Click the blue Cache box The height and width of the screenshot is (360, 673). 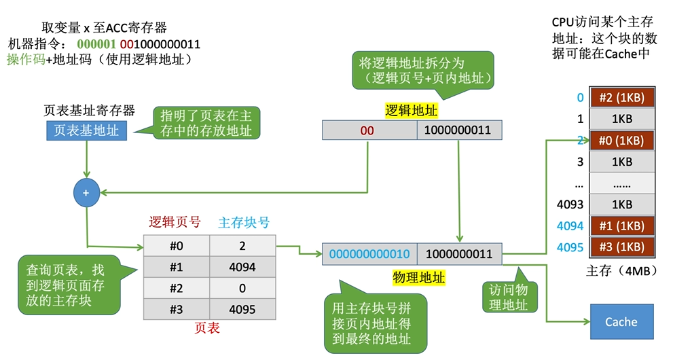coord(621,322)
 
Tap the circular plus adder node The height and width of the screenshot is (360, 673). coord(86,194)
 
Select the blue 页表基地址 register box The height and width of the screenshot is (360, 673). coord(86,130)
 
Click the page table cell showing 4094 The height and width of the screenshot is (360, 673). coord(242,267)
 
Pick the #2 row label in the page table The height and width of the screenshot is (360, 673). coord(177,288)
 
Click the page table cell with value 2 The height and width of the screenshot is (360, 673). coord(242,246)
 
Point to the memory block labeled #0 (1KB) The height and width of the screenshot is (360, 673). coord(621,141)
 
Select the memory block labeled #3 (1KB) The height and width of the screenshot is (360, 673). coord(621,247)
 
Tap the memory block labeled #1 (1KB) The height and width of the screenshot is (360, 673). coord(621,226)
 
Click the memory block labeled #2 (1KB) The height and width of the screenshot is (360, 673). coord(621,98)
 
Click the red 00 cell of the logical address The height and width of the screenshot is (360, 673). coord(367,129)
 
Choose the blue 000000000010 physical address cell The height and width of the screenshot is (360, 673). coord(370,254)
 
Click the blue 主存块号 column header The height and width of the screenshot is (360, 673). coord(244,222)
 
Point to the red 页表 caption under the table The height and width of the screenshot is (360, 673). coord(206,328)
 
